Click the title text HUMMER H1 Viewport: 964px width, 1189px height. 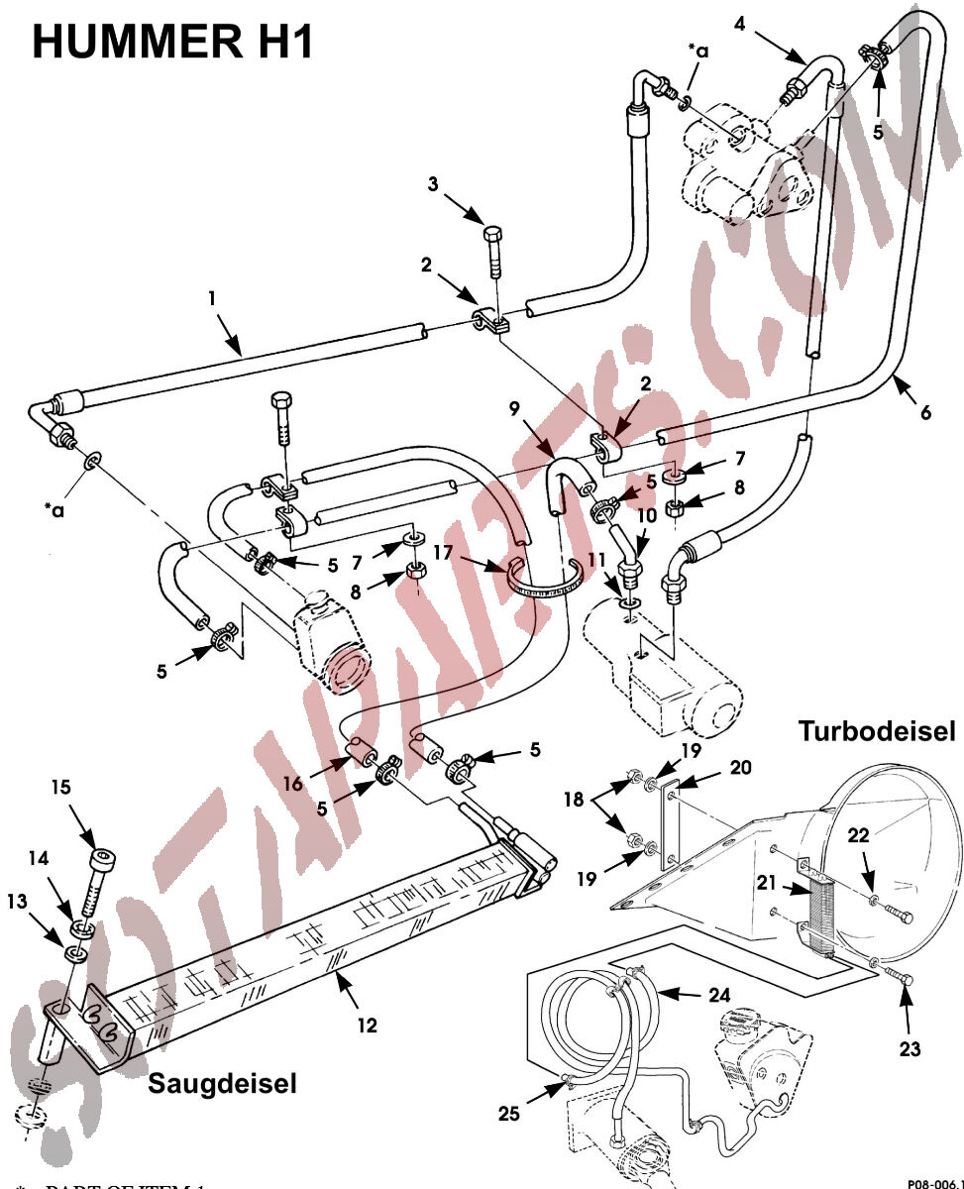174,44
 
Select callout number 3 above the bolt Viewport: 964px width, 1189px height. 434,184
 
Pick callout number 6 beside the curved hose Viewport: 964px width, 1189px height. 925,412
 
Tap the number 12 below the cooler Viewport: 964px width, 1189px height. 367,1026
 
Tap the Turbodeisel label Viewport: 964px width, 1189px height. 877,732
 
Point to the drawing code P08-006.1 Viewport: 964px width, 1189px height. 931,1182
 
